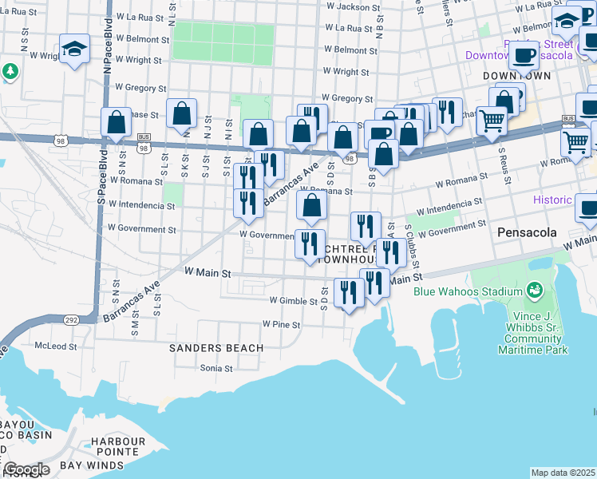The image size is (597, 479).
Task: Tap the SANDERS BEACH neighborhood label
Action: click(x=216, y=348)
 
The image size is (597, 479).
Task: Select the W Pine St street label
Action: click(x=281, y=325)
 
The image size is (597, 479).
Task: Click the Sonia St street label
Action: click(x=215, y=368)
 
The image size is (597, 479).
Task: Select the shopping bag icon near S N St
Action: click(x=117, y=123)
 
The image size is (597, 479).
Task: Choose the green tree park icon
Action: click(x=10, y=71)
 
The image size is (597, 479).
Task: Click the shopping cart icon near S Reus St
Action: click(x=492, y=121)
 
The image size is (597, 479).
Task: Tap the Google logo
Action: click(x=26, y=469)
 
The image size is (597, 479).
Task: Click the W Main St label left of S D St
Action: click(x=208, y=273)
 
